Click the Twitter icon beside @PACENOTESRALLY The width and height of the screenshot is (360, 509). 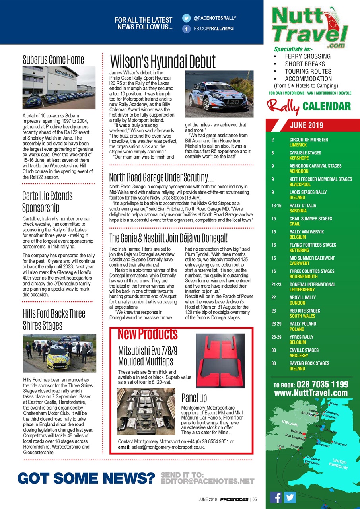[186, 18]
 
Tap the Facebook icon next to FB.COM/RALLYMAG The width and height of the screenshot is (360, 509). [186, 29]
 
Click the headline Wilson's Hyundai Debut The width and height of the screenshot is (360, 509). [163, 62]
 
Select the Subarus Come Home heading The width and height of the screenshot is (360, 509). [53, 60]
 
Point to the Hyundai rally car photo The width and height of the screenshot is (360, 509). [219, 94]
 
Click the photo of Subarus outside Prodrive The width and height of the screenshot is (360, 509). [59, 87]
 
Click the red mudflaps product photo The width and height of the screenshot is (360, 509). [220, 361]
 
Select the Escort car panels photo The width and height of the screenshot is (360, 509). [146, 411]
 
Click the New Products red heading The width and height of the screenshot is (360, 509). [148, 334]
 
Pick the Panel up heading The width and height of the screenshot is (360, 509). [194, 398]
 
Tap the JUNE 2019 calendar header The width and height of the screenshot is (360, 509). [307, 126]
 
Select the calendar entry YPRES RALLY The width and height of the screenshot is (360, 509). [301, 337]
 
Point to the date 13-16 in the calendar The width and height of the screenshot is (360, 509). [276, 206]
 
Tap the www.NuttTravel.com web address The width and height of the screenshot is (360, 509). [311, 393]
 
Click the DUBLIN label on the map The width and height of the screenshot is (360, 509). [297, 431]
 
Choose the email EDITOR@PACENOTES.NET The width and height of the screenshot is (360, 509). [207, 481]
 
